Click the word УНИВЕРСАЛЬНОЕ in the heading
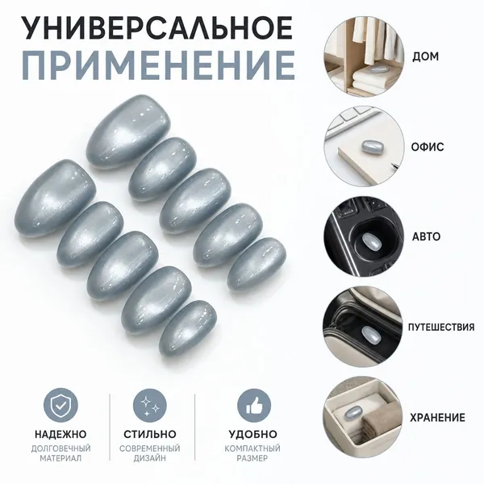coord(157,27)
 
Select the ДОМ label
coord(425,56)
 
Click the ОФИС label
coord(428,147)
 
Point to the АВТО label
coord(426,236)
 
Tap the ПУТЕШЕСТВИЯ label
coord(441,328)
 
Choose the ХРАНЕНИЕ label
coord(437,418)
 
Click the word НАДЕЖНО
coord(60,434)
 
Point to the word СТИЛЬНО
coord(150,434)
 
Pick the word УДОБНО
coord(252,434)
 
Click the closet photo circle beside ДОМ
coord(364,56)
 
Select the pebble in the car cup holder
coord(370,240)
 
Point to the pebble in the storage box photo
coord(354,412)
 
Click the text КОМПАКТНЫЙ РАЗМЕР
coord(252,453)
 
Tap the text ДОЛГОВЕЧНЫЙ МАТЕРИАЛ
coord(60,453)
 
